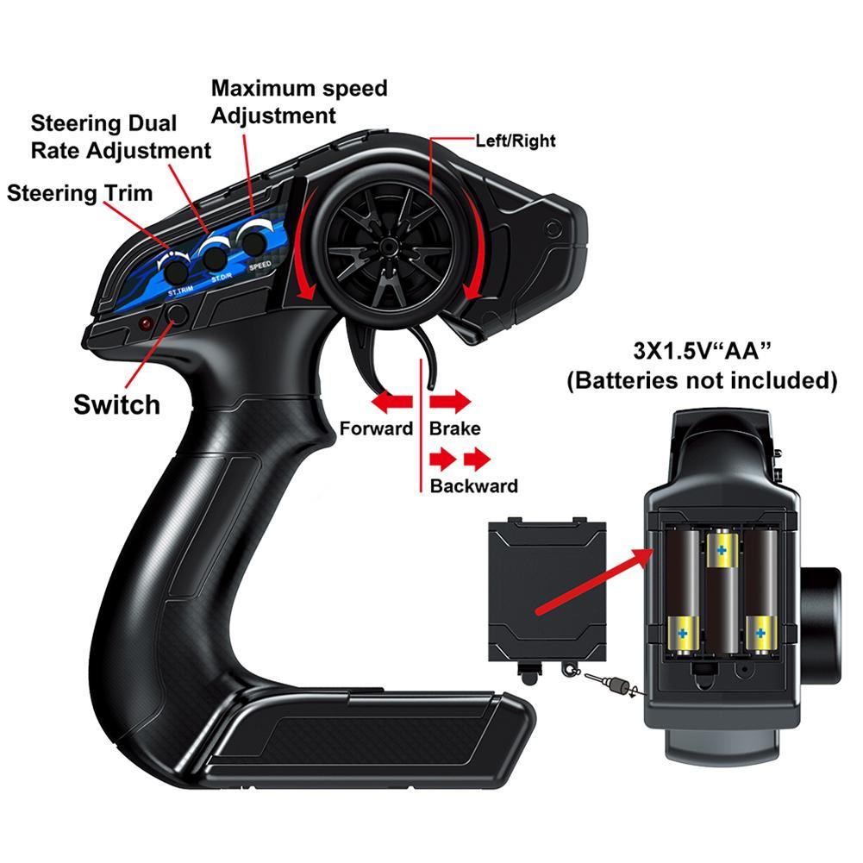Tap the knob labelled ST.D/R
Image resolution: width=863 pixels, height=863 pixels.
[214, 256]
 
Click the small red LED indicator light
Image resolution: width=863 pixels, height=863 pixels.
[145, 323]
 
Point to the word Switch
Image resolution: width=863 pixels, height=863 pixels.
[116, 404]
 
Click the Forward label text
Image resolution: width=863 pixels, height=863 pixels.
[376, 428]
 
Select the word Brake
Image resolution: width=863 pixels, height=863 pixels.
[454, 428]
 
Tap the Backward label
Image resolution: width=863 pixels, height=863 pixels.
[473, 485]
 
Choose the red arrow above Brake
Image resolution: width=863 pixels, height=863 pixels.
[450, 401]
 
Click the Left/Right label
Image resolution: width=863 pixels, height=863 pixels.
[516, 141]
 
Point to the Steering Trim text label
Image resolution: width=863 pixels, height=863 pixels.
[79, 192]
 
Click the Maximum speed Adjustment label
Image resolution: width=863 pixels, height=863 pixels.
[299, 101]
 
